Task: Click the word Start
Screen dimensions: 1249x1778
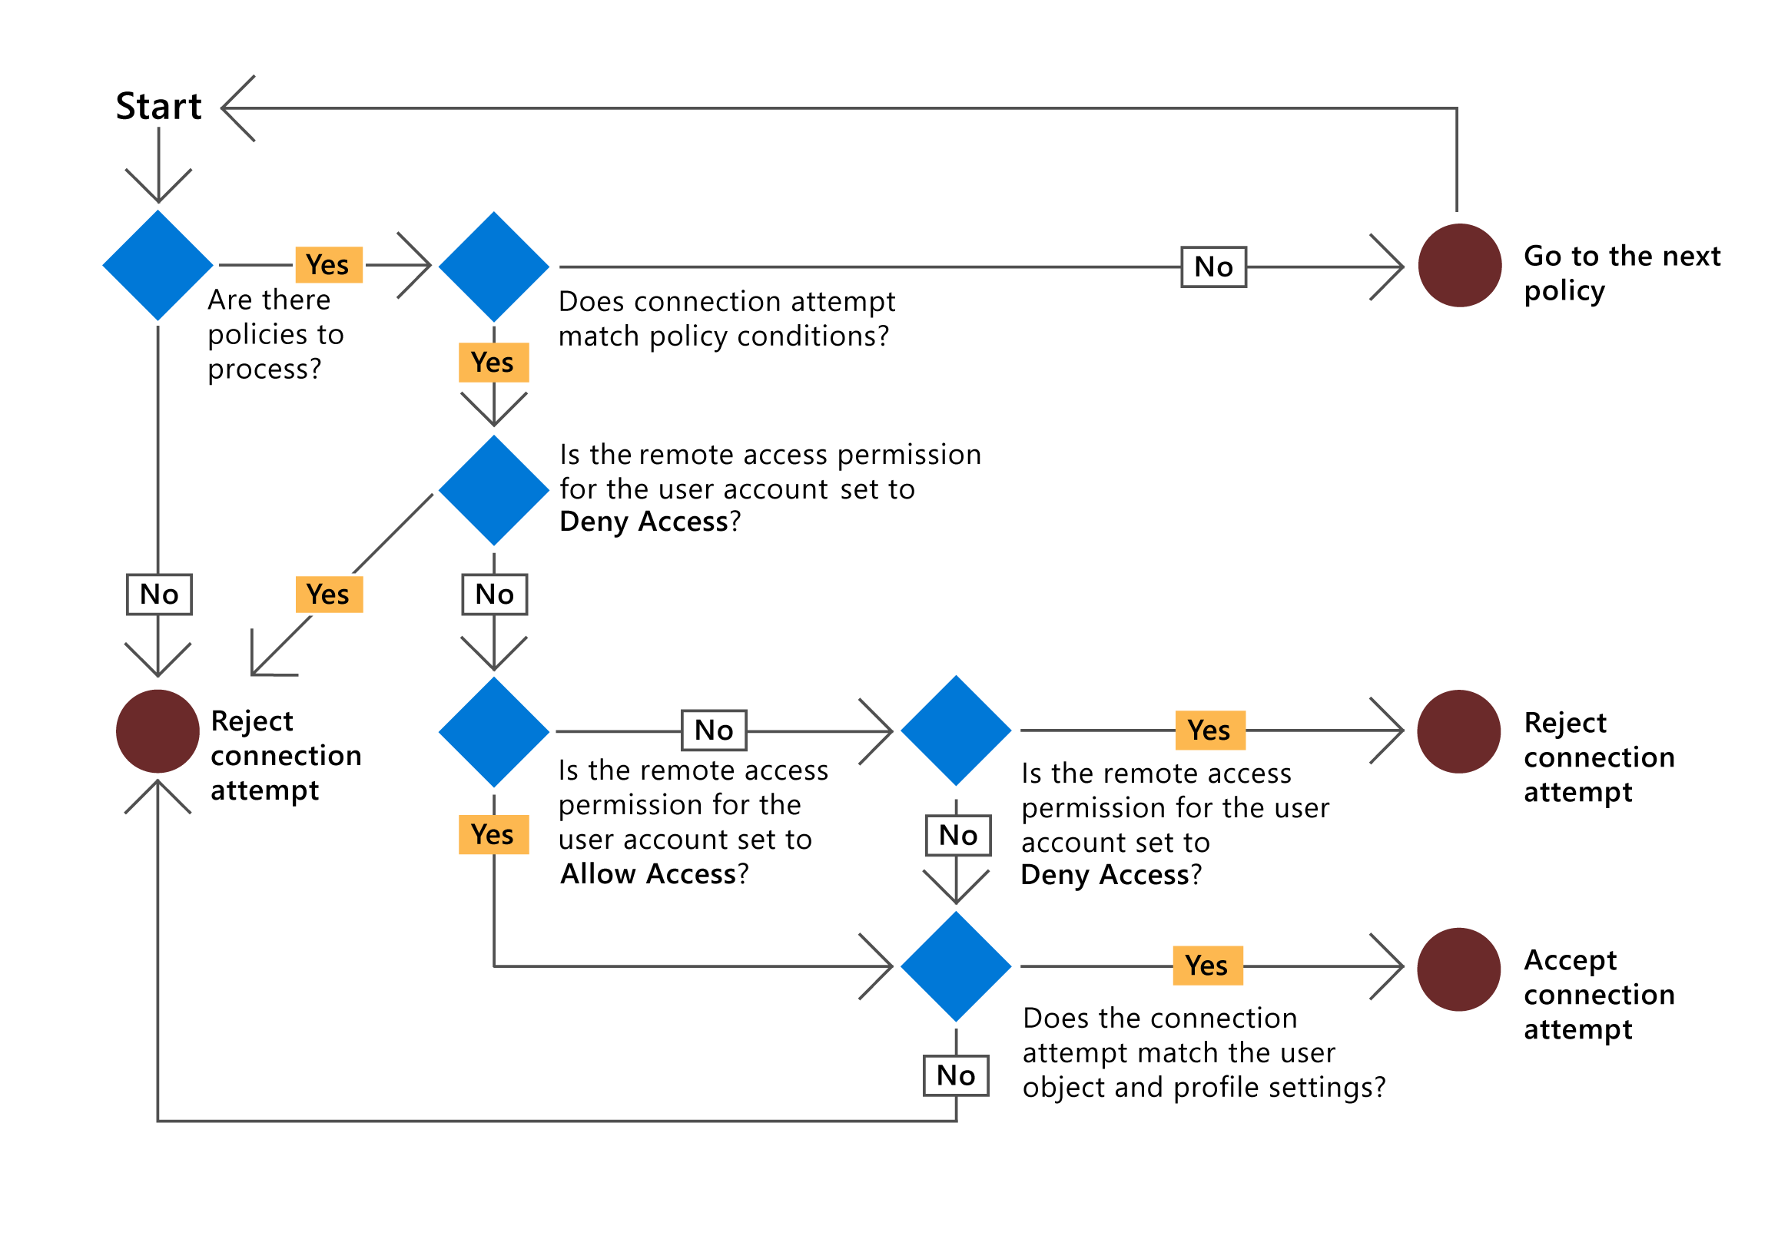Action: pyautogui.click(x=158, y=107)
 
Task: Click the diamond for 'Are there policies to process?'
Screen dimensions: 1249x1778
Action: pyautogui.click(x=158, y=266)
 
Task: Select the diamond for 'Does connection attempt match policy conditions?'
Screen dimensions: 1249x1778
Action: pyautogui.click(x=494, y=267)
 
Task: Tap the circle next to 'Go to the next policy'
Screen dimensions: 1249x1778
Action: pyautogui.click(x=1460, y=266)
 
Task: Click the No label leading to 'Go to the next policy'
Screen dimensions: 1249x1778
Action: pyautogui.click(x=1213, y=267)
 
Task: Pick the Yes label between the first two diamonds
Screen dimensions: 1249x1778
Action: pyautogui.click(x=328, y=265)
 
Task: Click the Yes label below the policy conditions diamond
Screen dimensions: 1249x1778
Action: pyautogui.click(x=493, y=363)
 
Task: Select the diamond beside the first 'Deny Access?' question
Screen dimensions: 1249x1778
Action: pyautogui.click(x=494, y=490)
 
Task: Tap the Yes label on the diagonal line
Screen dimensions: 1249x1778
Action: pyautogui.click(x=329, y=595)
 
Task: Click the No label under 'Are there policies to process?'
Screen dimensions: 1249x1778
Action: pyautogui.click(x=159, y=595)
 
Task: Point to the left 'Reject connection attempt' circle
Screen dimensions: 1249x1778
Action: pyautogui.click(x=158, y=732)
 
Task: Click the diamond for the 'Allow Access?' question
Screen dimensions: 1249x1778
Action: pyautogui.click(x=494, y=733)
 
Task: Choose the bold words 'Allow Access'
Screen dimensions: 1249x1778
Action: pyautogui.click(x=649, y=874)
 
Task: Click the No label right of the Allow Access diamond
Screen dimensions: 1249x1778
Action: pyautogui.click(x=714, y=731)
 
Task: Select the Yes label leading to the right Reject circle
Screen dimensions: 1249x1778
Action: pyautogui.click(x=1209, y=731)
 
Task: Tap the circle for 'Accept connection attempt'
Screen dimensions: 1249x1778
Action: pyautogui.click(x=1459, y=969)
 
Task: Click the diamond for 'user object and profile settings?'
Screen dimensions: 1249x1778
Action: pyautogui.click(x=957, y=966)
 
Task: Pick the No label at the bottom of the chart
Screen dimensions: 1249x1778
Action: pyautogui.click(x=956, y=1075)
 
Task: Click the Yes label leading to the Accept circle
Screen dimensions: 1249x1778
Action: pyautogui.click(x=1207, y=966)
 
